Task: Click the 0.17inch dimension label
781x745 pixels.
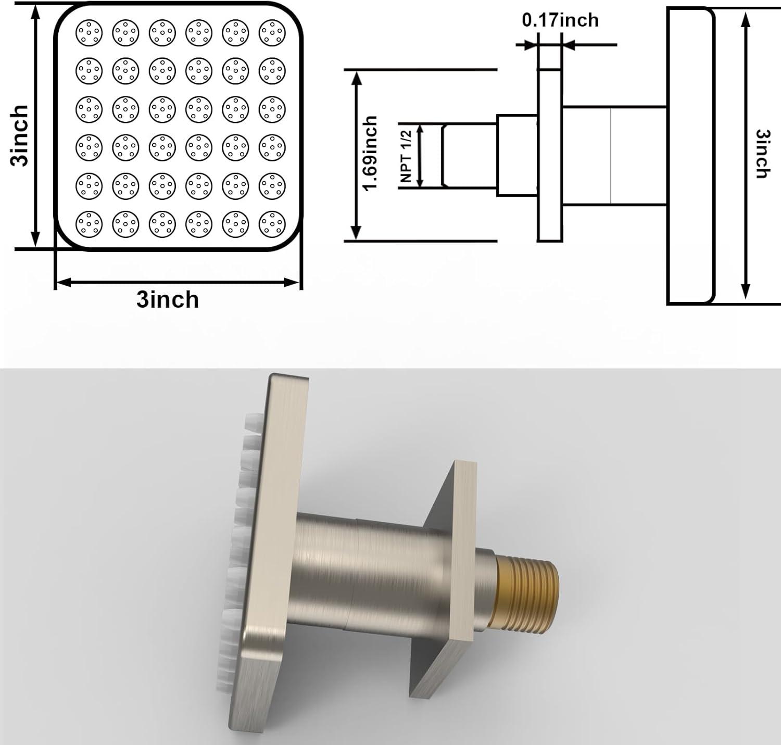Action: tap(560, 20)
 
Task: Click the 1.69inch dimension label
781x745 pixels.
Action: tap(370, 154)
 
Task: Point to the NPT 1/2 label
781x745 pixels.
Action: tap(407, 156)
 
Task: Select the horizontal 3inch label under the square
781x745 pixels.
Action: tap(168, 300)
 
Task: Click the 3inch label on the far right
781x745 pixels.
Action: tap(763, 154)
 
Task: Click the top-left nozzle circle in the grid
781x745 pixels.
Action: tap(89, 33)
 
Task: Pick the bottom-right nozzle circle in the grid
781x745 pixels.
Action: tap(272, 224)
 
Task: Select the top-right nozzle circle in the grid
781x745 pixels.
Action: tap(272, 33)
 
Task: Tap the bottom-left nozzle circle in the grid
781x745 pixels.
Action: tap(89, 224)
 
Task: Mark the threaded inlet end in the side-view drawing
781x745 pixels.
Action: tap(469, 155)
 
